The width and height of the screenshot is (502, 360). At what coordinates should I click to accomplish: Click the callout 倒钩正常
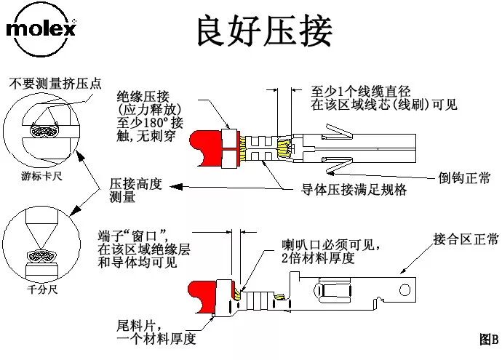point(464,177)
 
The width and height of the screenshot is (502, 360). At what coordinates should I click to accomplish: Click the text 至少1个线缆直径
point(361,92)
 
